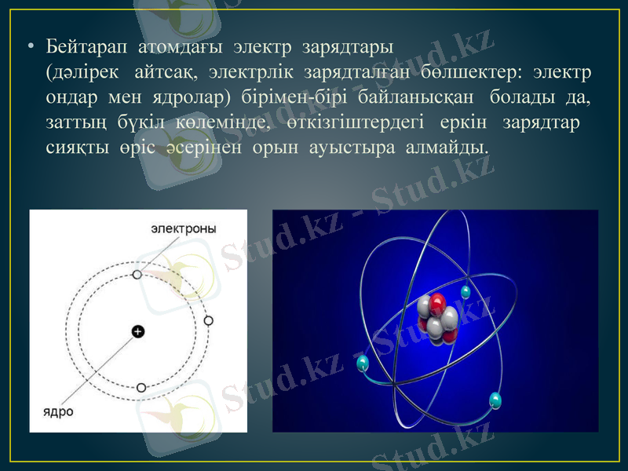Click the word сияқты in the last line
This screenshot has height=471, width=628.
coord(70,148)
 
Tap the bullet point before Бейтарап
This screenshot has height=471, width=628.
coord(31,49)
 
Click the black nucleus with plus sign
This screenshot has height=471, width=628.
coord(138,331)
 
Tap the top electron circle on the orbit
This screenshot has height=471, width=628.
coord(137,275)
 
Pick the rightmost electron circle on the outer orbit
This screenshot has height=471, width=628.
coord(208,320)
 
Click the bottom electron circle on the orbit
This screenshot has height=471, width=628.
coord(141,387)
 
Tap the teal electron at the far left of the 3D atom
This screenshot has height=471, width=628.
coord(363,363)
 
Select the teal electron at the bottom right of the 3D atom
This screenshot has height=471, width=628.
coord(495,400)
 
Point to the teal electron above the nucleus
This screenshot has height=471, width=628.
coord(466,291)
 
